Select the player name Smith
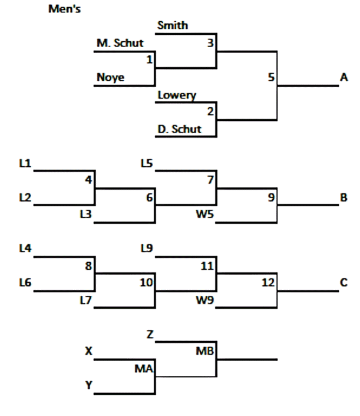coord(173,25)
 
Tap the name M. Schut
coord(120,43)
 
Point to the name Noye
coord(111,77)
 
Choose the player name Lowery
coord(177,95)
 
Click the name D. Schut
coord(179,129)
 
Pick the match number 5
coord(271,77)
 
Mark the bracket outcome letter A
coord(344,78)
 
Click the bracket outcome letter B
coord(344,198)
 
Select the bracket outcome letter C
coord(344,283)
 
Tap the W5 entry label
coord(204,215)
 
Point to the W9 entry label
coord(204,301)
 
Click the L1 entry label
coord(25,163)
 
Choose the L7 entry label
coord(85,301)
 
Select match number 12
coord(269,283)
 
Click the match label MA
coord(144,369)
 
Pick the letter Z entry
coord(150,335)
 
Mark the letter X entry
coord(89,352)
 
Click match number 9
coord(271,198)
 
